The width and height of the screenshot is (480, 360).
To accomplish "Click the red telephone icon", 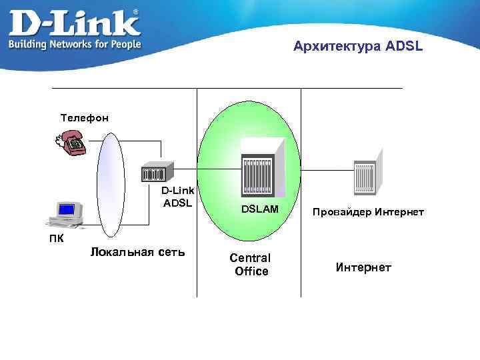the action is pyautogui.click(x=71, y=142).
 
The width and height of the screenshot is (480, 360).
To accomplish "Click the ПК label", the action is pyautogui.click(x=56, y=238).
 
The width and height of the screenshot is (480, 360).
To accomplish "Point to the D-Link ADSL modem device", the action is pyautogui.click(x=157, y=173).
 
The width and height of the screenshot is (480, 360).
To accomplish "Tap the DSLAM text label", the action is pyautogui.click(x=260, y=210).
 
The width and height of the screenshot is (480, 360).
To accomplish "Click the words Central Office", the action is pyautogui.click(x=250, y=264).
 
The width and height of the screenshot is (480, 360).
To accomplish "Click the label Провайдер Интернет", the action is pyautogui.click(x=367, y=212).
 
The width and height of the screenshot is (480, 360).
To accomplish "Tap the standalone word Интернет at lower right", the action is pyautogui.click(x=363, y=267).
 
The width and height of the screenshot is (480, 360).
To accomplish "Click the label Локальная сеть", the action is pyautogui.click(x=137, y=252).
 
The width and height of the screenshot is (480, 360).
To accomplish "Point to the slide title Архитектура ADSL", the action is pyautogui.click(x=357, y=47).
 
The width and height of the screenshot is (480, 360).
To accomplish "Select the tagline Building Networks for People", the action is pyautogui.click(x=74, y=44).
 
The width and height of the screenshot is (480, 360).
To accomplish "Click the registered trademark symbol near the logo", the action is pyautogui.click(x=136, y=12).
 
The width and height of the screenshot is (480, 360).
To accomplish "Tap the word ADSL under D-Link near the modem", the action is pyautogui.click(x=177, y=203).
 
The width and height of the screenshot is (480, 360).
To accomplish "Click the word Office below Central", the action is pyautogui.click(x=251, y=271).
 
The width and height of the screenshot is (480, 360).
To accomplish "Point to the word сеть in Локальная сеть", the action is pyautogui.click(x=169, y=252).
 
